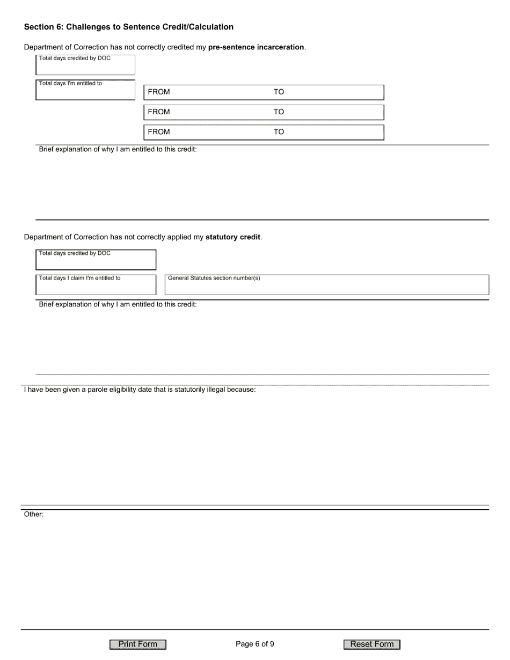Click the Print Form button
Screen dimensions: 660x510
(138, 644)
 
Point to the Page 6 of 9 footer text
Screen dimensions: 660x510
(255, 644)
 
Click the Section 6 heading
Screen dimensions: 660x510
(129, 27)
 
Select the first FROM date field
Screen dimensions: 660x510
(215, 92)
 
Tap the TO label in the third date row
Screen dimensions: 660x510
(279, 132)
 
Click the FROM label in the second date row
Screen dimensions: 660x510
(159, 112)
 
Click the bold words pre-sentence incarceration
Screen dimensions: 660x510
(256, 47)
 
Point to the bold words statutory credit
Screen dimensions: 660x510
(233, 237)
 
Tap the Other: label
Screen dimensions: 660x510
(34, 514)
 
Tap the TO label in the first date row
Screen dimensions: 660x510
(279, 92)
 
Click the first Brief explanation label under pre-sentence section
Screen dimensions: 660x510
(118, 149)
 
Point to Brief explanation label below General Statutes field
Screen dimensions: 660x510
(118, 304)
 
